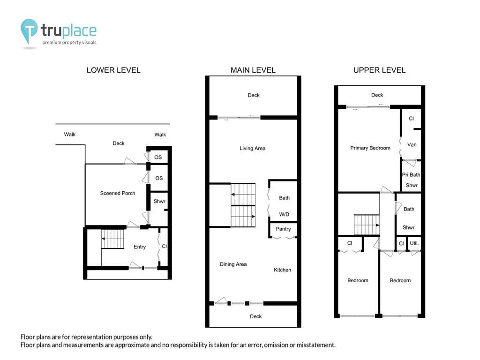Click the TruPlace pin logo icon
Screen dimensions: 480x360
click(29, 30)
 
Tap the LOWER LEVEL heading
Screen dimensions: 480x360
click(113, 70)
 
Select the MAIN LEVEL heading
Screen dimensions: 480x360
click(253, 70)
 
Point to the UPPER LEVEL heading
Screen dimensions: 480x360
click(379, 70)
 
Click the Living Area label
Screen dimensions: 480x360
click(253, 149)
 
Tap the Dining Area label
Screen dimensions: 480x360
click(233, 264)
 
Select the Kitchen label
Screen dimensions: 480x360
click(282, 270)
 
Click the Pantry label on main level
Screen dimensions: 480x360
click(283, 229)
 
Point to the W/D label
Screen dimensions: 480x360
click(284, 214)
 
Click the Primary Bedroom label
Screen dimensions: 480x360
click(370, 148)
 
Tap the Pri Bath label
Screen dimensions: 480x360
click(411, 174)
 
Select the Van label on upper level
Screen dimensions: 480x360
click(412, 144)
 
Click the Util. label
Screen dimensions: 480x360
click(414, 243)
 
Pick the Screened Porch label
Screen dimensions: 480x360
click(118, 193)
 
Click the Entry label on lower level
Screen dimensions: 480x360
click(140, 247)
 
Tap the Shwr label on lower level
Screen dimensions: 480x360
click(159, 201)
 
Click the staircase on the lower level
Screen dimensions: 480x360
click(112, 239)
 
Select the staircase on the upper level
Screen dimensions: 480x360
click(367, 225)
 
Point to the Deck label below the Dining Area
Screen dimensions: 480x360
click(255, 316)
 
